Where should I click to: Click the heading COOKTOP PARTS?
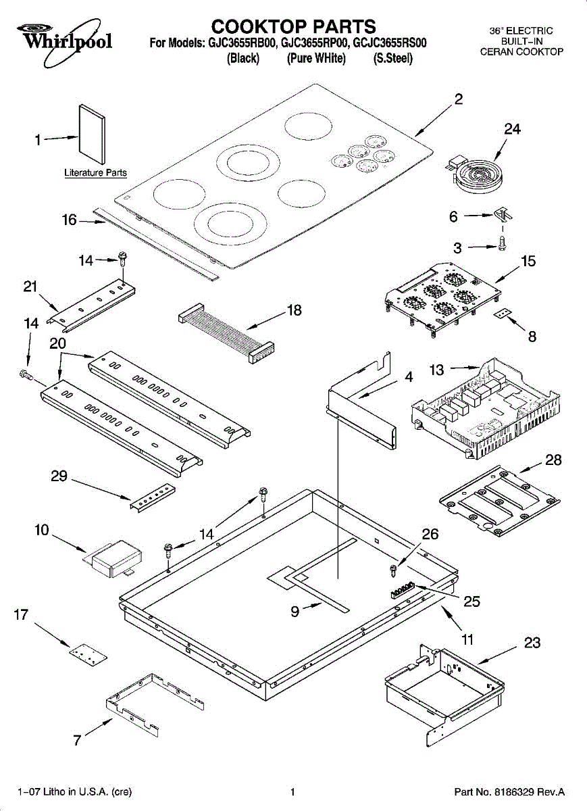pos(293,26)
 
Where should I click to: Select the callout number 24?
pos(512,129)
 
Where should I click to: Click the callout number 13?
pos(437,370)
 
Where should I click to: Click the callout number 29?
pos(59,476)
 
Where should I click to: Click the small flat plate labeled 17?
pos(87,654)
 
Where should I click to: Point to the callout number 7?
pos(77,740)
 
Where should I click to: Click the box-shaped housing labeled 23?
pos(443,687)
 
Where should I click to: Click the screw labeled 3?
pos(501,243)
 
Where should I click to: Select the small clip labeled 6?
pos(503,215)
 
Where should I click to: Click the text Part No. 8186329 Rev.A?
pos(509,791)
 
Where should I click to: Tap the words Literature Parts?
pos(95,173)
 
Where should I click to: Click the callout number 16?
pos(69,220)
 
